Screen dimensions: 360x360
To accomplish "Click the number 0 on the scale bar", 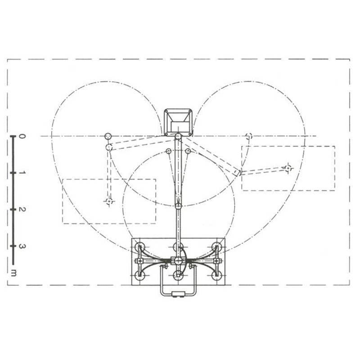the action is [x=21, y=137].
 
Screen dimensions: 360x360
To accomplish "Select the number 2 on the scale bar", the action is [x=22, y=210].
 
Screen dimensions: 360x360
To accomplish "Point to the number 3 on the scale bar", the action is [x=22, y=246].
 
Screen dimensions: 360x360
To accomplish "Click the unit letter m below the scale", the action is [x=14, y=273].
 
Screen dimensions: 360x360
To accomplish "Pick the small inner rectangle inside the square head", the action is [x=180, y=127].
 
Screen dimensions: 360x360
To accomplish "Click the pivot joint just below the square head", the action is [x=178, y=137].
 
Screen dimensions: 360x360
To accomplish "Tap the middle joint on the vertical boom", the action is [x=178, y=206].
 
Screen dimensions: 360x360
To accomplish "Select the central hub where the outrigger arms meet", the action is [x=178, y=261].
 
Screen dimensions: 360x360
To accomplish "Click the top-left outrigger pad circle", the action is [x=140, y=247].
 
